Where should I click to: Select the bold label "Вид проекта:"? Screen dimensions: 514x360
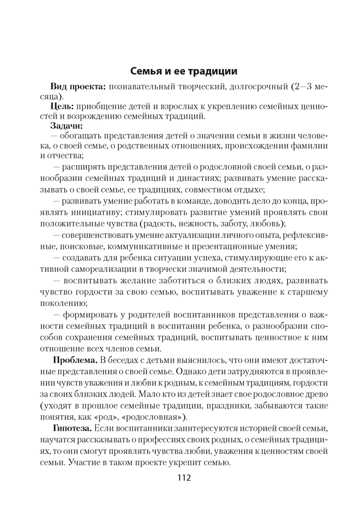(78, 86)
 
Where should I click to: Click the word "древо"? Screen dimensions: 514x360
(316, 394)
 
